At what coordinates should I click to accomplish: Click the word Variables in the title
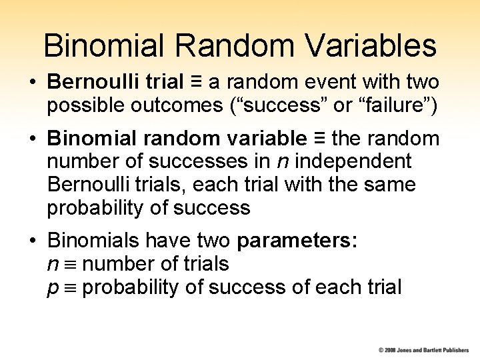(x=374, y=45)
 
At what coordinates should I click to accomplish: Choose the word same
(x=395, y=184)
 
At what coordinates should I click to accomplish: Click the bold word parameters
(x=297, y=241)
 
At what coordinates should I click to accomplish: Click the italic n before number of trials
(x=52, y=265)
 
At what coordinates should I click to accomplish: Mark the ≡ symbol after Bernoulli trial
(x=197, y=82)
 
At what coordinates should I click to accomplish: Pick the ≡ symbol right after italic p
(x=71, y=289)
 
